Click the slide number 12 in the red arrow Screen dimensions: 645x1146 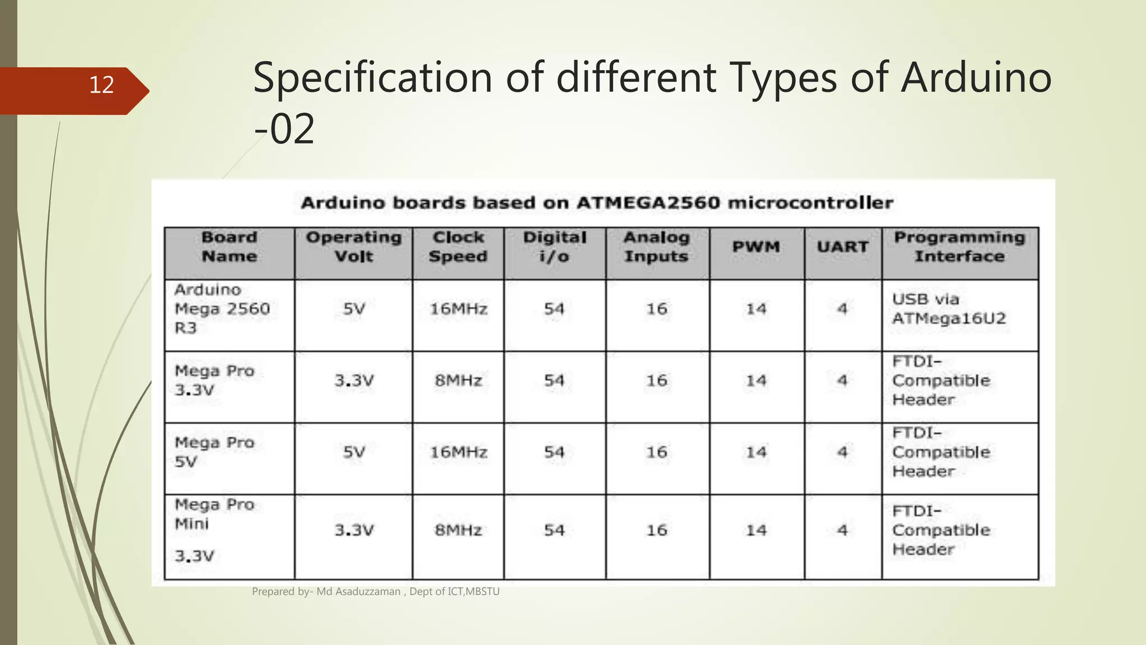[x=101, y=85]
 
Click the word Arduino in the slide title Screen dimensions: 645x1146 [x=976, y=77]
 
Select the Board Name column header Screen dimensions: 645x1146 [x=229, y=247]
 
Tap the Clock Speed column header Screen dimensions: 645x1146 [x=458, y=247]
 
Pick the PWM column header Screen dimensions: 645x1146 [x=756, y=247]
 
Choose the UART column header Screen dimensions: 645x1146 [x=843, y=247]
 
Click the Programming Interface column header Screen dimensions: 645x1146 [x=960, y=247]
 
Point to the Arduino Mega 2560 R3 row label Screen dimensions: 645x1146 [x=222, y=309]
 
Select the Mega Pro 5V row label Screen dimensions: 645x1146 [x=214, y=452]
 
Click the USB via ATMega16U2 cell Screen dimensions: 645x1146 [x=949, y=309]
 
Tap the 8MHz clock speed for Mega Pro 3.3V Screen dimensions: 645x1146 [x=458, y=381]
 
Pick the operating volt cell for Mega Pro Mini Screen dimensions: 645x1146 [x=354, y=530]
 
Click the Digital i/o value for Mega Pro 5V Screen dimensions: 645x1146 [x=554, y=452]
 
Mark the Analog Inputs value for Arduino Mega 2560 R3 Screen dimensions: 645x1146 [x=657, y=309]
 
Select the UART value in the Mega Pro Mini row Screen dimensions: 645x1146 [x=843, y=530]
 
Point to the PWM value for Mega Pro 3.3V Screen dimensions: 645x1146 [x=756, y=381]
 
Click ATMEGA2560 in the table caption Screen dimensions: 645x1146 [x=648, y=203]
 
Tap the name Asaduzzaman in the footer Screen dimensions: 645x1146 [x=368, y=591]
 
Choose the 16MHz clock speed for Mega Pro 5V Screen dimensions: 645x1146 [x=458, y=452]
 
